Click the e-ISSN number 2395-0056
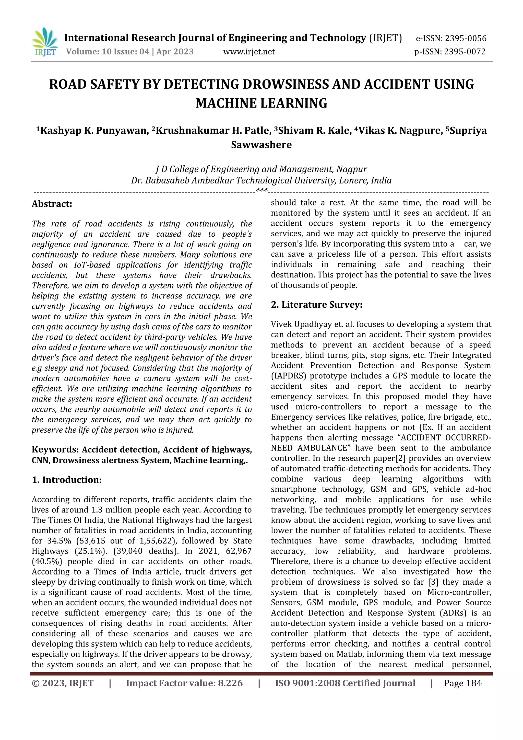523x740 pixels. coord(465,39)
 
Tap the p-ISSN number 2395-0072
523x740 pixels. coord(464,52)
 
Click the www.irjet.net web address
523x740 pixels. coord(249,52)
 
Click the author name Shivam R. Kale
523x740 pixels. coord(315,131)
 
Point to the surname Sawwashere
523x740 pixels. coord(261,145)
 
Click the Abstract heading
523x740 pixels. coord(52,204)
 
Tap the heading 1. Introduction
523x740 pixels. coord(67,480)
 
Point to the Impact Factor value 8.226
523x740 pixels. coord(230,683)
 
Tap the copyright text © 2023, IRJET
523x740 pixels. coord(63,683)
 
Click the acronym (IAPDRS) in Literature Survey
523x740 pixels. coord(289,376)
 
